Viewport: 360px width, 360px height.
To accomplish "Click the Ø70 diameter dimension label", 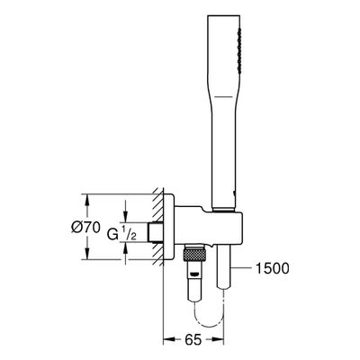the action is [x=85, y=229].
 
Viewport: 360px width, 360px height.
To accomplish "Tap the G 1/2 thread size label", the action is [x=122, y=233].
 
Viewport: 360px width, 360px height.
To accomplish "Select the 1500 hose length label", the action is [x=272, y=268].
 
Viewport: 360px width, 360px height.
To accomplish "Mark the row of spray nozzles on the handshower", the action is [x=239, y=50].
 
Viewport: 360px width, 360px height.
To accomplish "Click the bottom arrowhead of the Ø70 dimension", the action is [x=87, y=254].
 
